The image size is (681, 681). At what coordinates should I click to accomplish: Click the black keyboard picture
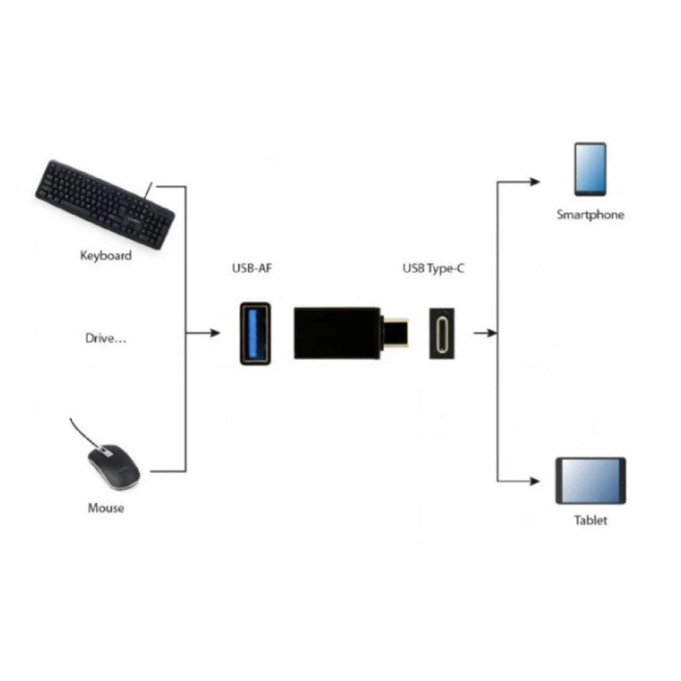tap(105, 204)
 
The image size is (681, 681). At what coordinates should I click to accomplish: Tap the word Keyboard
tap(106, 256)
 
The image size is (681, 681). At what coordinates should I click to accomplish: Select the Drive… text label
tap(106, 338)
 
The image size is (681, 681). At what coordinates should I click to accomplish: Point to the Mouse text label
tap(106, 508)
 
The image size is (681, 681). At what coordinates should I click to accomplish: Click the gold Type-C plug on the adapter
tap(397, 332)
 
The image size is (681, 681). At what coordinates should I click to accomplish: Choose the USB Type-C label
tap(433, 270)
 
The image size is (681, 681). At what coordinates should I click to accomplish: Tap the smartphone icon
tap(590, 169)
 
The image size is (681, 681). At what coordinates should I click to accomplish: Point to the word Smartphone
tap(590, 215)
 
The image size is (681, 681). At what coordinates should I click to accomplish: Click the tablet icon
tap(590, 481)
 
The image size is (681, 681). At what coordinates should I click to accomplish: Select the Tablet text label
tap(591, 520)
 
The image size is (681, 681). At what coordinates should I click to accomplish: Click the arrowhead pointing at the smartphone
tap(536, 181)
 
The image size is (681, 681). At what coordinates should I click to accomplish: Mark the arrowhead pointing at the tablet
tap(536, 481)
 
